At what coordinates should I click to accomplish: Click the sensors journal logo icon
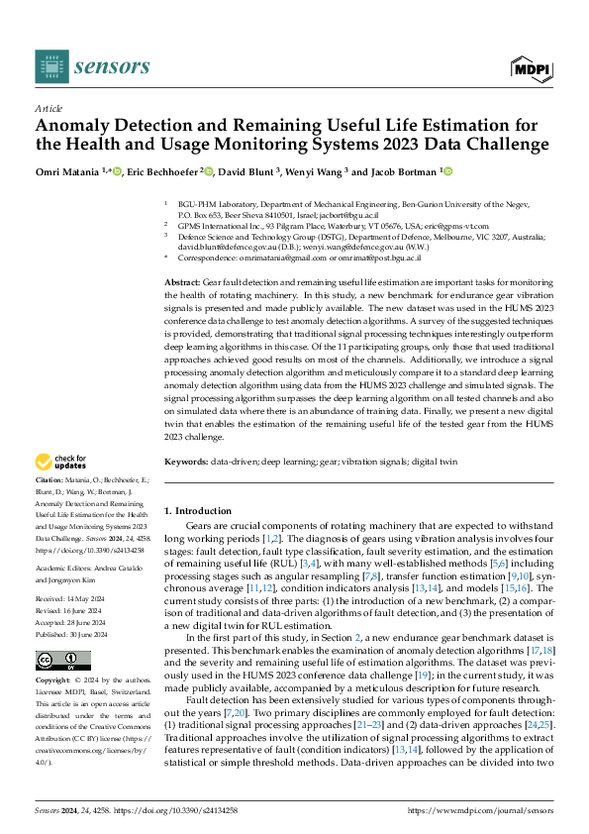[51, 66]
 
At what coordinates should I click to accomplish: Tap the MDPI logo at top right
[532, 67]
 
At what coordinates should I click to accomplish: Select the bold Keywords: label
[186, 463]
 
